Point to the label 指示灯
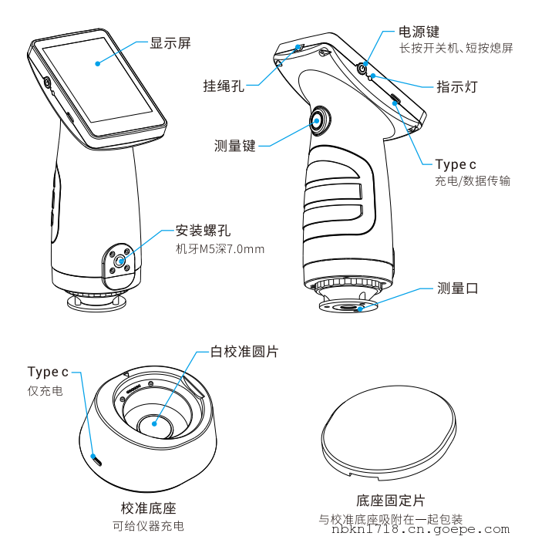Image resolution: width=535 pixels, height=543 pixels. pyautogui.click(x=456, y=87)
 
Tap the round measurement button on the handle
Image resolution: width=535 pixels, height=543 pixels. pyautogui.click(x=319, y=119)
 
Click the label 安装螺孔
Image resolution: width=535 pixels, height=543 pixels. pyautogui.click(x=203, y=230)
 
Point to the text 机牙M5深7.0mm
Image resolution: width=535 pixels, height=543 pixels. pyautogui.click(x=220, y=248)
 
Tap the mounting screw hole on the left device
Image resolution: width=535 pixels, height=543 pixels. pyautogui.click(x=117, y=262)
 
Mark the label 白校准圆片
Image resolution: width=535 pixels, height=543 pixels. pyautogui.click(x=244, y=352)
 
